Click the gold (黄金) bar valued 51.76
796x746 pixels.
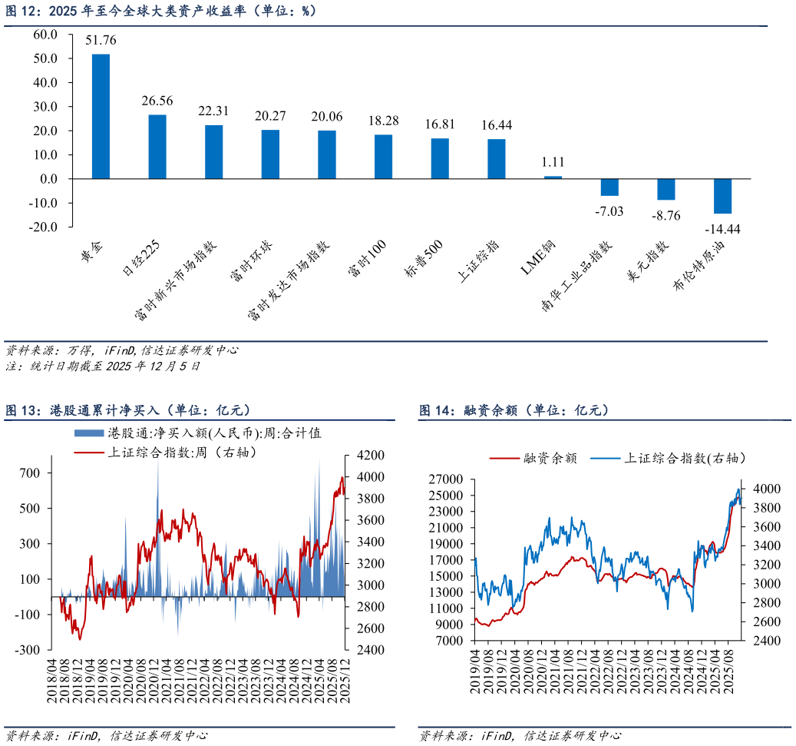101,116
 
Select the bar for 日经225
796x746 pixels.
157,147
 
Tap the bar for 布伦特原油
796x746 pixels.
722,196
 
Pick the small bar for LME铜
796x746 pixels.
553,177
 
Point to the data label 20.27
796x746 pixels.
270,116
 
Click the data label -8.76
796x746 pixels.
666,215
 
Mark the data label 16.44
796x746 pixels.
497,125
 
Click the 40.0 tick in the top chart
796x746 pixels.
45,82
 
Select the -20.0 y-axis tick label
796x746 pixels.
43,227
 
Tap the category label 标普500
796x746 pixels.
424,259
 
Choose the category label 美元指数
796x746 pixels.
648,261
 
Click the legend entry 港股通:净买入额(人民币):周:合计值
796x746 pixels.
198,433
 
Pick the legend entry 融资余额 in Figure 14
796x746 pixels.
533,459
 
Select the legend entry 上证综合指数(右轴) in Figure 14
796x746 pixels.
668,459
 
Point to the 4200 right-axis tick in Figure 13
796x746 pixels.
371,455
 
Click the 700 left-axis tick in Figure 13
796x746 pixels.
29,472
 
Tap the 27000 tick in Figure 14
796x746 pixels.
446,479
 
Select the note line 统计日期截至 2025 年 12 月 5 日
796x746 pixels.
115,366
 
